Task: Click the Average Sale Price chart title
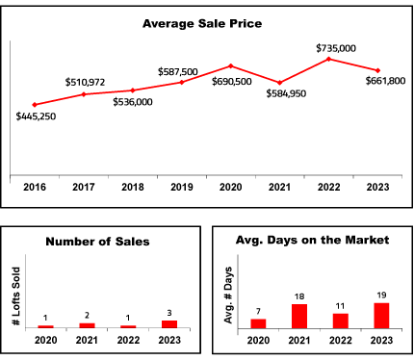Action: (x=202, y=24)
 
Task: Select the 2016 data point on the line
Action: (x=35, y=105)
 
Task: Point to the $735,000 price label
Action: (x=336, y=48)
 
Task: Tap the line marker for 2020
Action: (x=231, y=66)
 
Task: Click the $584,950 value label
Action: (x=286, y=93)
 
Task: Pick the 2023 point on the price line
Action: (x=377, y=70)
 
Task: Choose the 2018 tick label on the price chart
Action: (x=133, y=187)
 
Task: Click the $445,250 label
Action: (x=36, y=116)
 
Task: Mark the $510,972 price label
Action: (x=85, y=82)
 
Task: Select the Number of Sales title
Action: (x=97, y=242)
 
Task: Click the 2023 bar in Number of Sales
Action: (x=169, y=324)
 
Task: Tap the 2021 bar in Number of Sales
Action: (x=87, y=325)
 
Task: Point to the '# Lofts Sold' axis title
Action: (x=16, y=296)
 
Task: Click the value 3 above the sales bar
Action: (x=169, y=313)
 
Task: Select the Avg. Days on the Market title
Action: (x=312, y=240)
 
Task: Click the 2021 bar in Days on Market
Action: (x=299, y=317)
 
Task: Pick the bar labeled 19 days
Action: (x=381, y=316)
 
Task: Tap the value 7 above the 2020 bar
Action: (x=258, y=311)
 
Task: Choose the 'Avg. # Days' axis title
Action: (x=228, y=296)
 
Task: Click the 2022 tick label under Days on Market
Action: (x=341, y=340)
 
